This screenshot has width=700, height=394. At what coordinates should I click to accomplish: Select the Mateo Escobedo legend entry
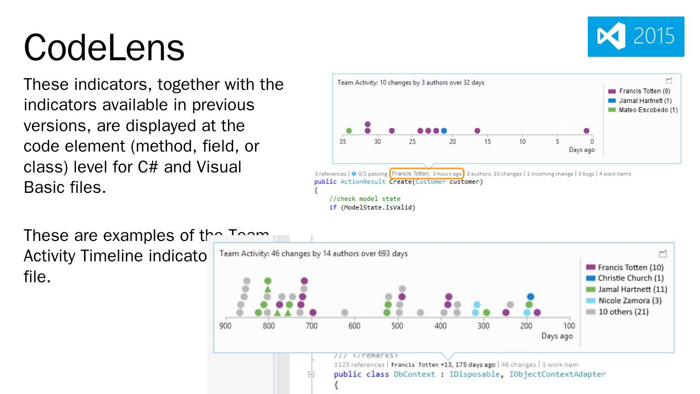coord(644,110)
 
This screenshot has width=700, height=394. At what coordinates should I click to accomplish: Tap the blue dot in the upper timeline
coord(444,131)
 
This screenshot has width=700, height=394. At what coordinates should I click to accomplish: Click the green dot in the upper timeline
coord(349,131)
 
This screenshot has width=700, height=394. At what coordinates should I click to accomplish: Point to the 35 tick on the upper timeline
coord(343,141)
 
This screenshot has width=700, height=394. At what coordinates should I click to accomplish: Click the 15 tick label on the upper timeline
coord(487,141)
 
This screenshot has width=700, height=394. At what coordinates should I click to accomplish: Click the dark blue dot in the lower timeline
coord(530,296)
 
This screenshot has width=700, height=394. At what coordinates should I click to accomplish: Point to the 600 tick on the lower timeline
coord(354,325)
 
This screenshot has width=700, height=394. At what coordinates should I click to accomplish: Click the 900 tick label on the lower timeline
coord(225,325)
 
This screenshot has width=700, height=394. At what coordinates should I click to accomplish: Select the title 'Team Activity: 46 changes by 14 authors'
coord(313,254)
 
